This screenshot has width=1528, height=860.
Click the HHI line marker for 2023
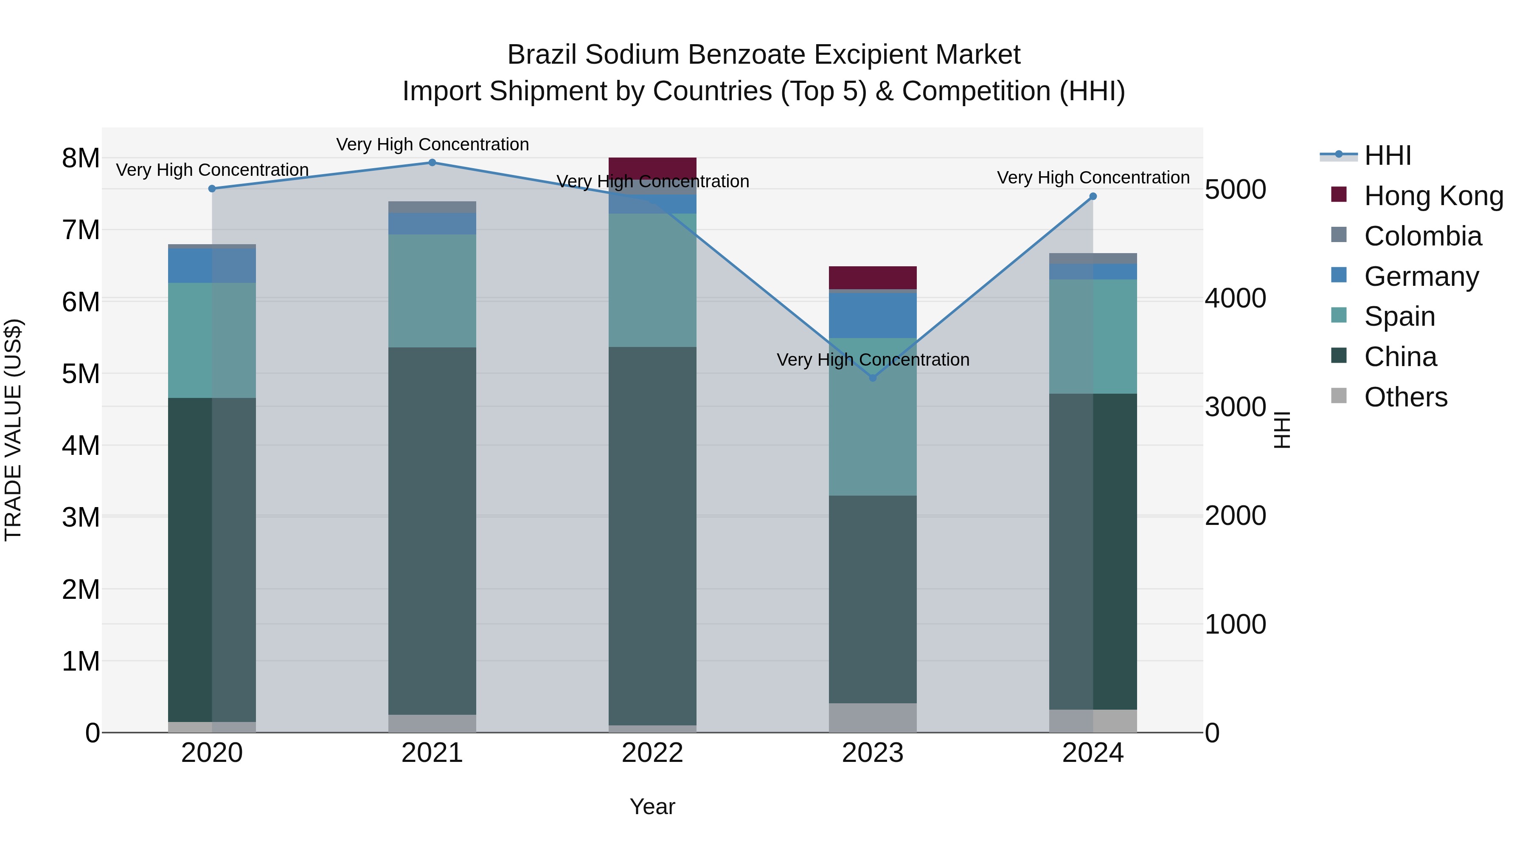coord(873,378)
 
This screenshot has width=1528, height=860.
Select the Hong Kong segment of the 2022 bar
coord(652,168)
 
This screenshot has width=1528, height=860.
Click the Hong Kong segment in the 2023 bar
coord(873,277)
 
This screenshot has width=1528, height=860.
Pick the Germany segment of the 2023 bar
coord(873,315)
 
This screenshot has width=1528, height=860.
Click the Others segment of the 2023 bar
coord(873,718)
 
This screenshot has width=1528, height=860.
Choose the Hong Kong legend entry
coord(1433,196)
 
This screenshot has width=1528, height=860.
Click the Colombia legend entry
coord(1422,236)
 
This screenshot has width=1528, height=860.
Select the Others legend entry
coord(1405,397)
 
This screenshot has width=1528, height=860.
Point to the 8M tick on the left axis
coord(81,158)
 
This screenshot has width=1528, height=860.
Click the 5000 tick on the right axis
coord(1235,190)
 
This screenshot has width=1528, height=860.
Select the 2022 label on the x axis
coord(652,753)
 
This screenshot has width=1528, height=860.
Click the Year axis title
coord(652,806)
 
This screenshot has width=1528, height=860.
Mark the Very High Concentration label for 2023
coord(873,360)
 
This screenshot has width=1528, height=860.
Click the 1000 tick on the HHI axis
coord(1235,624)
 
